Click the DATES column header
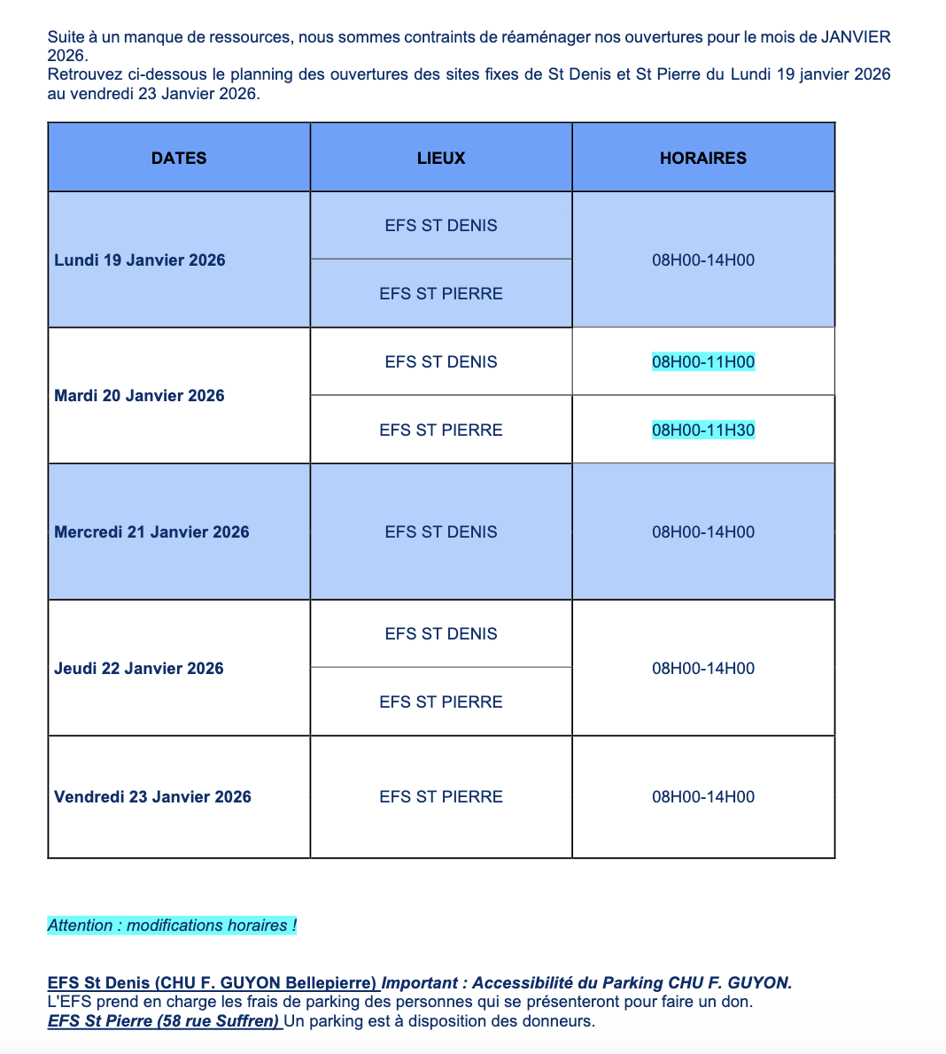(x=179, y=159)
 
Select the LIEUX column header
(x=441, y=159)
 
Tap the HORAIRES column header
(x=703, y=159)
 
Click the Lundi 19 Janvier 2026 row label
(x=140, y=260)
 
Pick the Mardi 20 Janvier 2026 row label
(x=139, y=396)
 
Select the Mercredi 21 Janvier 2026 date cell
(x=151, y=532)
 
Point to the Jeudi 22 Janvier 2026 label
(x=139, y=669)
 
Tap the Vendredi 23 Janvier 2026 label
(x=152, y=797)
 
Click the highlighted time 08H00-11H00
(x=703, y=362)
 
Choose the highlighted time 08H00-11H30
(x=703, y=430)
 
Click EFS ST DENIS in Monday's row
(x=441, y=226)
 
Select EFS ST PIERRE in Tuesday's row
(x=441, y=430)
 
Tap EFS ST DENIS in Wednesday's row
(x=441, y=532)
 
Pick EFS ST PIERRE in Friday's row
(x=441, y=797)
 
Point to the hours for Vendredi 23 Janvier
(x=703, y=797)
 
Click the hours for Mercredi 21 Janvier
(x=703, y=532)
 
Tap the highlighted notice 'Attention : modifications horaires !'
(x=172, y=926)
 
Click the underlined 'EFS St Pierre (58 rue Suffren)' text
(x=164, y=1021)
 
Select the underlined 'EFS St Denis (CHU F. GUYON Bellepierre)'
(x=213, y=983)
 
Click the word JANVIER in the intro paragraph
(x=856, y=37)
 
